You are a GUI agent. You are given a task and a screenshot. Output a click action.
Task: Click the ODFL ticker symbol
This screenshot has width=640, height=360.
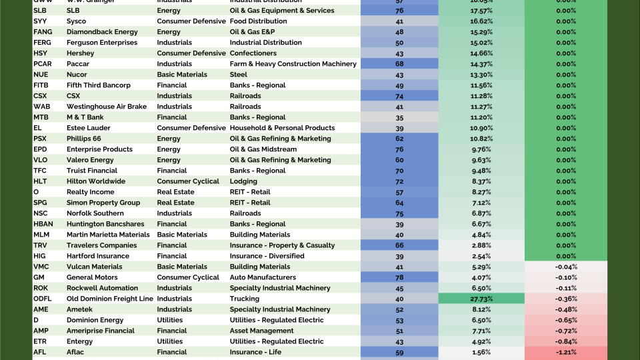point(43,299)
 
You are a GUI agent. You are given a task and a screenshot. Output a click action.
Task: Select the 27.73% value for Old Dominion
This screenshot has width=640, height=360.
point(481,299)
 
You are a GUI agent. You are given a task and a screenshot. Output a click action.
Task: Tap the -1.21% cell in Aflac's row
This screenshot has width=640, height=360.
point(566,352)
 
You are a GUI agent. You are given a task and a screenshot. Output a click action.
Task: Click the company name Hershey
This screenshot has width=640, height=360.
point(80,53)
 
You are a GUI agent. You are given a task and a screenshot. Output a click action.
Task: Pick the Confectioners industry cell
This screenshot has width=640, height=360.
point(253,53)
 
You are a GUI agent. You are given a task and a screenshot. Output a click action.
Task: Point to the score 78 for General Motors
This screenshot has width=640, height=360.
point(399,277)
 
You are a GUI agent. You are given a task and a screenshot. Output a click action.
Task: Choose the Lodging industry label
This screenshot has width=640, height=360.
point(244,181)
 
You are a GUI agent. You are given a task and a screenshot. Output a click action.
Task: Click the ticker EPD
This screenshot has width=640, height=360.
point(40,149)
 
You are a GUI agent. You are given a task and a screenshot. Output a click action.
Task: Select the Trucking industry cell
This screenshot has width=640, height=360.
point(245,299)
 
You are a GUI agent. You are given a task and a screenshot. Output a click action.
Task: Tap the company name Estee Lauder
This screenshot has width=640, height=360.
point(89,128)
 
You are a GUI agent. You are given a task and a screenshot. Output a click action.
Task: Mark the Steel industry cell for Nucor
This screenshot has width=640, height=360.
point(239,75)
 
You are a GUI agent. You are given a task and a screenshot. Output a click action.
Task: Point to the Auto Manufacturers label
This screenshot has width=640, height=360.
point(263,277)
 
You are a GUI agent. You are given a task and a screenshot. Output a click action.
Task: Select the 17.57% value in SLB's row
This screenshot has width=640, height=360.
point(481,11)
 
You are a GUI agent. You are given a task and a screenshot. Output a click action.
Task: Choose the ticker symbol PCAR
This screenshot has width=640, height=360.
point(43,64)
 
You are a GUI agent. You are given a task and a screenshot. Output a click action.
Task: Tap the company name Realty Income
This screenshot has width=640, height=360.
point(91,192)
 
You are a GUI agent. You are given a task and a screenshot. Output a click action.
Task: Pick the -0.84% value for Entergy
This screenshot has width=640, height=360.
point(566,341)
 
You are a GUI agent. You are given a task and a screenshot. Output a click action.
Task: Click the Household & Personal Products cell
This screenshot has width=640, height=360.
point(282,128)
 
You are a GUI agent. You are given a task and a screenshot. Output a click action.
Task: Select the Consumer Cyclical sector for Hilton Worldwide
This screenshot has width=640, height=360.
point(188,181)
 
